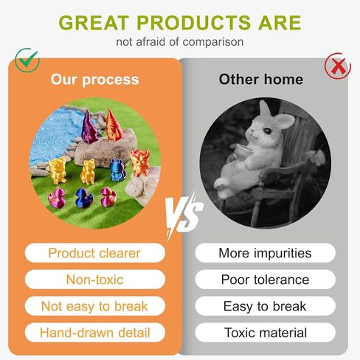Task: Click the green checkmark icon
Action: [27, 59]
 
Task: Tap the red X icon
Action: [338, 66]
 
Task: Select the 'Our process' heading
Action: [94, 79]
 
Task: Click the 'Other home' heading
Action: [261, 79]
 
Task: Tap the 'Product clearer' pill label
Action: [94, 253]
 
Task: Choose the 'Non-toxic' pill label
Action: [94, 280]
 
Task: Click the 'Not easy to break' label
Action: [94, 306]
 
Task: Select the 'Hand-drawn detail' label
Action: [94, 333]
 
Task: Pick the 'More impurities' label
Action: [265, 253]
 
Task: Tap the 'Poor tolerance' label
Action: [265, 280]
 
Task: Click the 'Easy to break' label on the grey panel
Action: [265, 306]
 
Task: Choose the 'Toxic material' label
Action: [265, 333]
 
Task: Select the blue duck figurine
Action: [83, 197]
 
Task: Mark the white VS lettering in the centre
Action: [180, 214]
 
